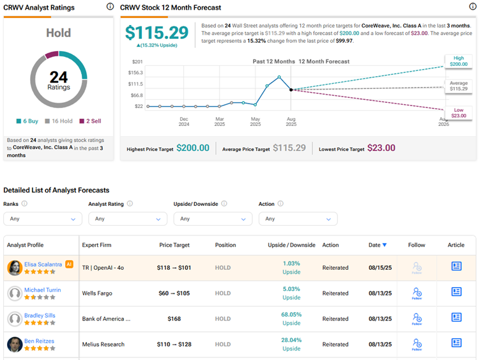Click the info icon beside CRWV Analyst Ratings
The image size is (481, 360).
click(111, 7)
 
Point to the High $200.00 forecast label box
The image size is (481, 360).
click(459, 61)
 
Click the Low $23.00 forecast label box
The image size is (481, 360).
click(459, 113)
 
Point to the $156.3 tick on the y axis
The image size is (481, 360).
click(135, 73)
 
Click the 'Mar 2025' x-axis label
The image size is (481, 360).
click(219, 121)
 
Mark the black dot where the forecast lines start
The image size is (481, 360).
click(291, 90)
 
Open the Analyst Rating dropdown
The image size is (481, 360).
click(128, 219)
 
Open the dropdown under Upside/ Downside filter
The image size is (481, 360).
click(213, 219)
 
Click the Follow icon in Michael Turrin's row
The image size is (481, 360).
click(416, 293)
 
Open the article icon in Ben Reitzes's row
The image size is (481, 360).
click(456, 343)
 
